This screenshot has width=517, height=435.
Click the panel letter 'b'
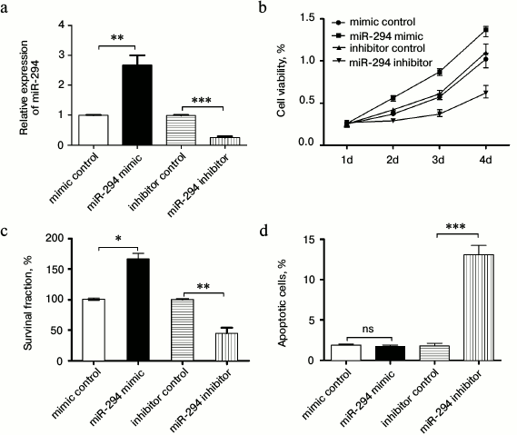(264, 8)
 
